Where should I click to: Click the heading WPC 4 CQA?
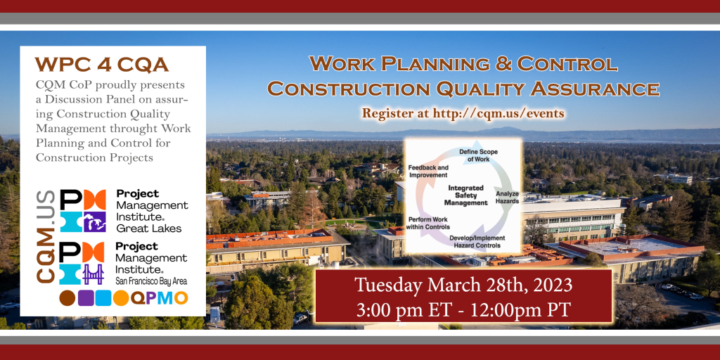click(x=102, y=65)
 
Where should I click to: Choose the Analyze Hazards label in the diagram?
click(x=506, y=197)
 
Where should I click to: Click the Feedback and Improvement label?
click(x=428, y=171)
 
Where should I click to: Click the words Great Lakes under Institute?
click(x=148, y=228)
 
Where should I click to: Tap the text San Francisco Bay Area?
click(x=152, y=281)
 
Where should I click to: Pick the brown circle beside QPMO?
click(x=67, y=298)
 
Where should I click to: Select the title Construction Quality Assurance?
click(x=463, y=89)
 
